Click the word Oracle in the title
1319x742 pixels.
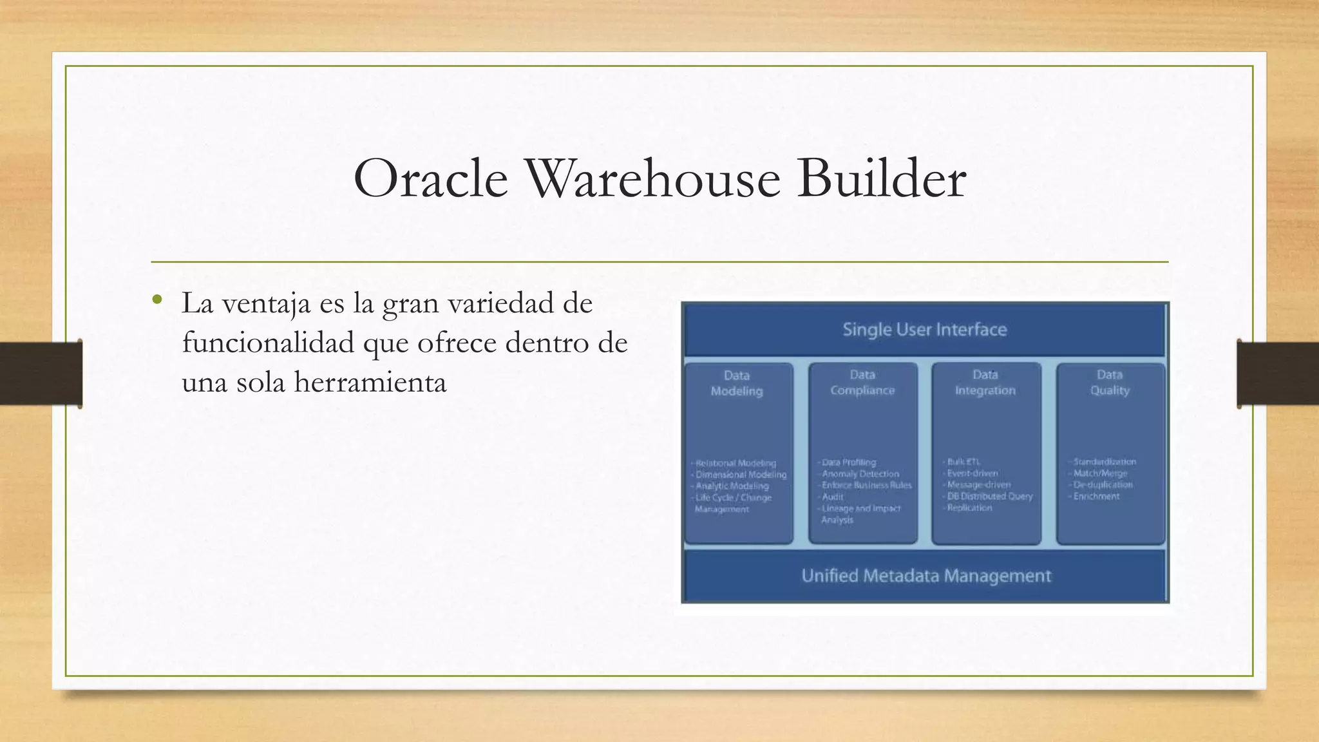pos(430,179)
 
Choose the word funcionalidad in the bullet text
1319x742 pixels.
pos(268,343)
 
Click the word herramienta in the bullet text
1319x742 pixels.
pos(370,382)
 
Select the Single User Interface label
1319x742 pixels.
pos(924,330)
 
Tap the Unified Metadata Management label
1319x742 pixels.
pos(925,576)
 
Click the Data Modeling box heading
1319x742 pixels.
pos(737,383)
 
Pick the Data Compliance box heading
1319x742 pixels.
pos(862,383)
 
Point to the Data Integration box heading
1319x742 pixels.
pos(985,383)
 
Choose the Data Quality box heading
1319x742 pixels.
pos(1109,383)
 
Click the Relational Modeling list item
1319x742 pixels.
pos(735,463)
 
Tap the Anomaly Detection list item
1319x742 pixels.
pos(860,474)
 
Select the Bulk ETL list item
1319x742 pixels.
pos(963,462)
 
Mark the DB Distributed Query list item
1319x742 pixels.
pos(989,497)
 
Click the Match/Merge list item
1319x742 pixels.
pos(1100,473)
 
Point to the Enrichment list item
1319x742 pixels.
pos(1096,497)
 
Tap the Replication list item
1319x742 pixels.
pos(969,508)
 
